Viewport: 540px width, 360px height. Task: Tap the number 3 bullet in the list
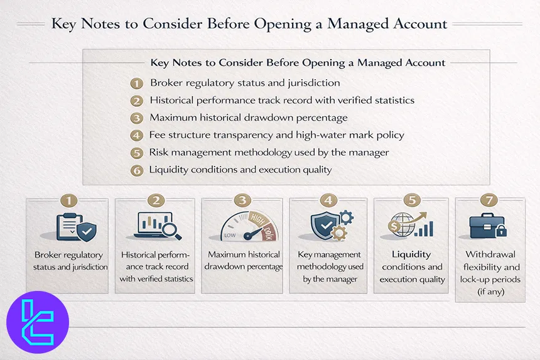(137, 117)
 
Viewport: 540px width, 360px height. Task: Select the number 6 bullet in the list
(137, 170)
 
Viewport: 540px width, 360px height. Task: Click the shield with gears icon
(331, 227)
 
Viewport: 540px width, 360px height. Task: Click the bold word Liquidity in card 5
(411, 254)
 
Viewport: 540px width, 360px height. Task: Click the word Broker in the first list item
(165, 83)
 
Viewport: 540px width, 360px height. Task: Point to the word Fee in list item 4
(157, 134)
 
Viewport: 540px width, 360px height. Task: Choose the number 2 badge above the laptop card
(156, 201)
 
